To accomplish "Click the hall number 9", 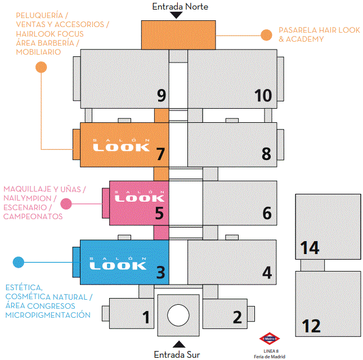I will pos(161,95).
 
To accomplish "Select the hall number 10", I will pos(263,95).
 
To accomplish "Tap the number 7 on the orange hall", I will pos(160,154).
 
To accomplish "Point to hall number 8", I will pos(266,154).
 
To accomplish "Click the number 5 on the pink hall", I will pos(159,213).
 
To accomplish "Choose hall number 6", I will pos(267,213).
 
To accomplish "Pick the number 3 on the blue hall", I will pos(160,273).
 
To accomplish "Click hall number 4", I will pos(267,273).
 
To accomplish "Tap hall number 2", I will pos(237,318).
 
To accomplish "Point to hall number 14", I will pos(310,247).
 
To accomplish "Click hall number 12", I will pos(311,326).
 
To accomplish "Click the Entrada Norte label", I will pos(180,6).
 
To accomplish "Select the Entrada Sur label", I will pos(177,354).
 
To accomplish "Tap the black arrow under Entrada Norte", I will pos(177,16).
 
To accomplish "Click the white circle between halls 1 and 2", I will pos(178,314).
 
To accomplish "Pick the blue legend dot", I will pos(19,262).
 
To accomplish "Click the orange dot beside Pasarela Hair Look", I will pos(267,35).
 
